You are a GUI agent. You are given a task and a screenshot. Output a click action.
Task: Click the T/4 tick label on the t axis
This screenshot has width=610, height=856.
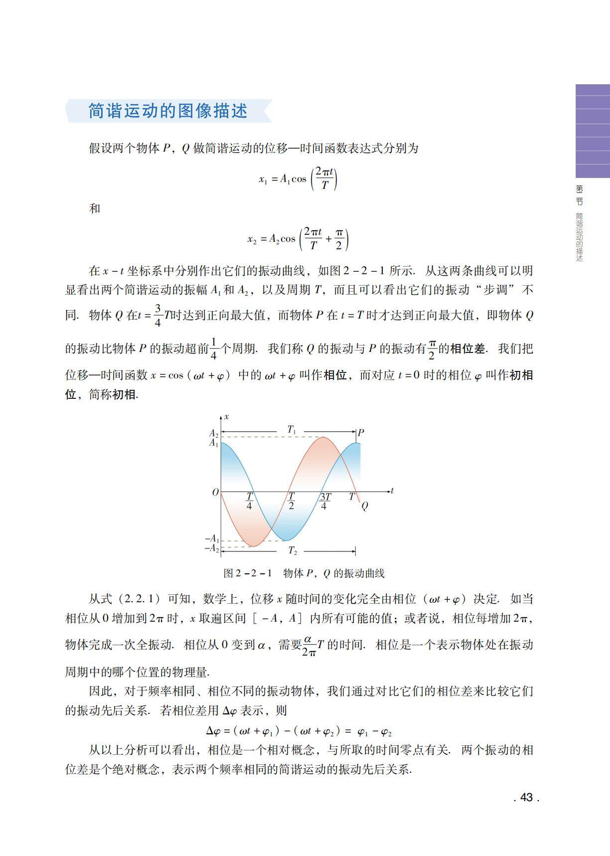(249, 501)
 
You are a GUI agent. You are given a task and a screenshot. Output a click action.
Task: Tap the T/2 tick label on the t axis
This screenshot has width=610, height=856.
(291, 501)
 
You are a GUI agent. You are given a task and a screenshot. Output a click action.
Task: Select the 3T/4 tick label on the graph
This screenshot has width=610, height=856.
(324, 501)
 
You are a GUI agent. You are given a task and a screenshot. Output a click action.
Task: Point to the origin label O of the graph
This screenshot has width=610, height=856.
(215, 493)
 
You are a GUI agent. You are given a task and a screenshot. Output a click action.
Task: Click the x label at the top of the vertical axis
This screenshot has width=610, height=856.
(226, 416)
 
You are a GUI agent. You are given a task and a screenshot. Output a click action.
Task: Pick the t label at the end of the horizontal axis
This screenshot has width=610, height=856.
(392, 491)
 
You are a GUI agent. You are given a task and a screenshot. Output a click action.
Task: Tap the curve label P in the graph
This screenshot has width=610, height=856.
(361, 432)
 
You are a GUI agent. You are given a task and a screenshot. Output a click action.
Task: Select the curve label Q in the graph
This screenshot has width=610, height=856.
(364, 506)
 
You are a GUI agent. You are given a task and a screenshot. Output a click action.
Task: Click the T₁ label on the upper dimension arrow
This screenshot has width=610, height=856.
(292, 429)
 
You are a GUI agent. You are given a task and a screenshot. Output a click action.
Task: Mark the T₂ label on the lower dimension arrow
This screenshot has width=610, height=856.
(293, 551)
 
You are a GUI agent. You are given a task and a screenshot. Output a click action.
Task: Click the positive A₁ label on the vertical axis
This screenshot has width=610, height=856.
(213, 443)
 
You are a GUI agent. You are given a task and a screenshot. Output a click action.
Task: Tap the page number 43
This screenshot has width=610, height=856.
(526, 797)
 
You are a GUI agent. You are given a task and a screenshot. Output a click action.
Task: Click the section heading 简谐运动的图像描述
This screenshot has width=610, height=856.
(168, 111)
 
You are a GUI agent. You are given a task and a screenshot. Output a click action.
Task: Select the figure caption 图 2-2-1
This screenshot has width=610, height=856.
(248, 573)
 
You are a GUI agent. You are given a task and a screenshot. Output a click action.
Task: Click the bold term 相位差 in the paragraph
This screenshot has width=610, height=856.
(467, 348)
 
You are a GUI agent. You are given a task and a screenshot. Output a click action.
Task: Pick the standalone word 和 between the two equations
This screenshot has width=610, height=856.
(95, 208)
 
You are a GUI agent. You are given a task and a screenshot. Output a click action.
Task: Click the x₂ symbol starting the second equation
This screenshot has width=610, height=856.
(252, 239)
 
